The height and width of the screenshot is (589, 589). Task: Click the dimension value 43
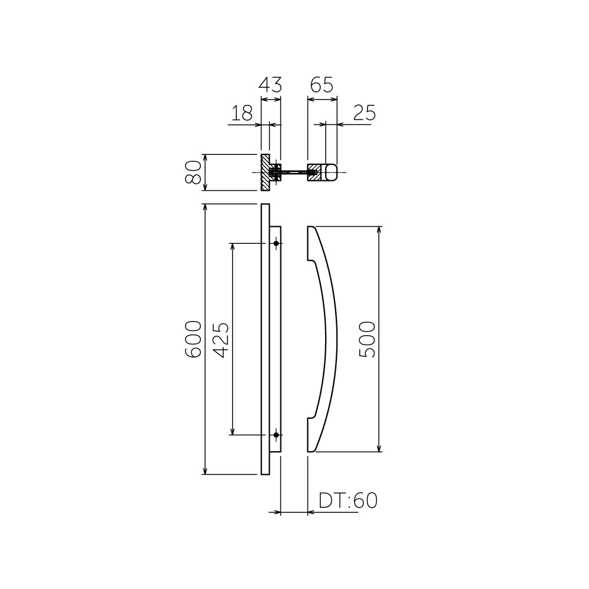(x=270, y=85)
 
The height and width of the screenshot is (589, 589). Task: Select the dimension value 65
(x=322, y=85)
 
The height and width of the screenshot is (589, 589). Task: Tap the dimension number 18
(x=242, y=113)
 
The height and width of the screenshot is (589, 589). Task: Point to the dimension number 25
(x=364, y=113)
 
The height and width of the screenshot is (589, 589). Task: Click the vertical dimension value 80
(x=193, y=172)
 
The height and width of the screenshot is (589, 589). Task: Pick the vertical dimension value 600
(x=193, y=339)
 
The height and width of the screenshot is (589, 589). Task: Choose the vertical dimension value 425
(x=220, y=339)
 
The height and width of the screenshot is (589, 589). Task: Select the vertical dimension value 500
(x=367, y=339)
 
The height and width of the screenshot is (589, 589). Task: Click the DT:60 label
(x=348, y=500)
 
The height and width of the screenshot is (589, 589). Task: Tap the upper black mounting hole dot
(x=276, y=243)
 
